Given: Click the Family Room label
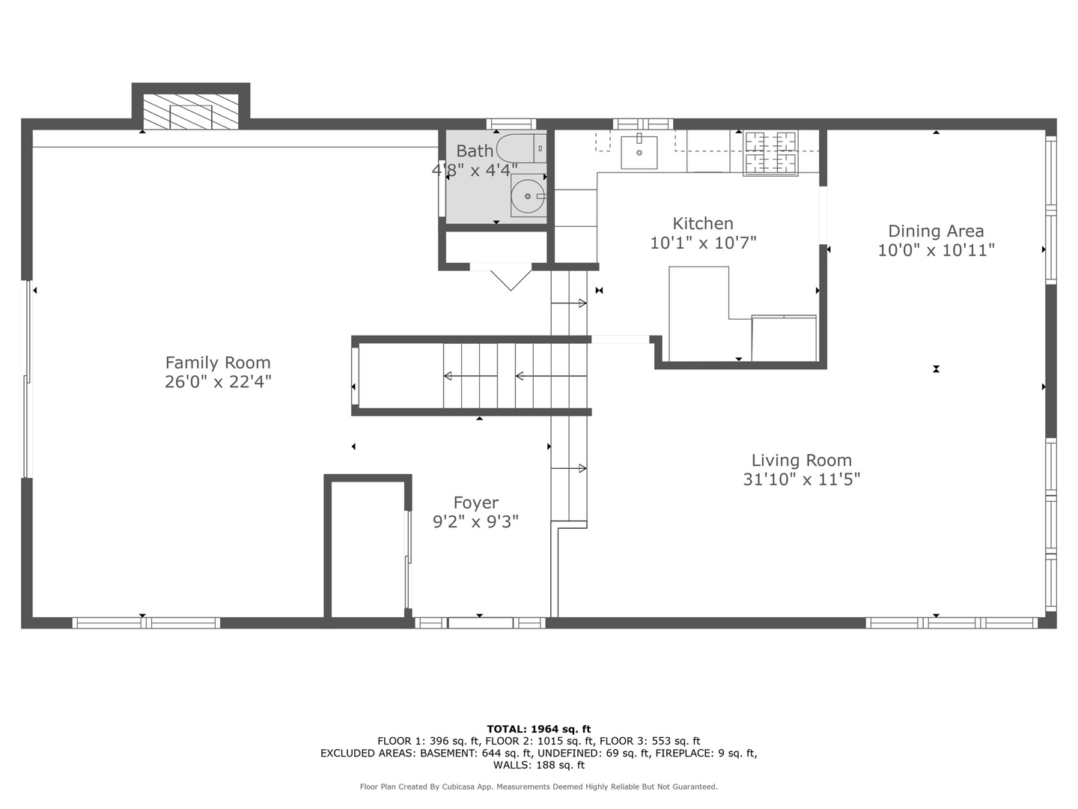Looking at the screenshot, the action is tap(218, 363).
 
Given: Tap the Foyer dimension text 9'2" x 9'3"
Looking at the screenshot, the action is tap(475, 521).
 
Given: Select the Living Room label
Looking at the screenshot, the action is tap(802, 460).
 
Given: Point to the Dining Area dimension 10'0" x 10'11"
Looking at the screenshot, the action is tap(936, 250).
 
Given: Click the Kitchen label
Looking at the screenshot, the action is tap(703, 224).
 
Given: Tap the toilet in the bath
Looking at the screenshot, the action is tap(521, 148).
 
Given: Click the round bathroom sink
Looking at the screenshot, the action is tap(528, 196).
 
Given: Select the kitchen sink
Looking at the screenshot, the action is tap(639, 153).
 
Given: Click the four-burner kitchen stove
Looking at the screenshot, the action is tap(770, 153).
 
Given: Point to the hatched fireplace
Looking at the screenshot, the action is tap(191, 112).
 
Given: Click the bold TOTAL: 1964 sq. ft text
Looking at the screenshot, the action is tap(539, 729).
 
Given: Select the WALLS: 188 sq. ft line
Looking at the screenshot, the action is tap(539, 765).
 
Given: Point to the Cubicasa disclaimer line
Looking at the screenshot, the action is tap(539, 787).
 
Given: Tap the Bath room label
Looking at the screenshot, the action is tap(475, 151).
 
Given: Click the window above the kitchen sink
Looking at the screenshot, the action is tap(643, 124).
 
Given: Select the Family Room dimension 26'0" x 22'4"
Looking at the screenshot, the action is tap(218, 382).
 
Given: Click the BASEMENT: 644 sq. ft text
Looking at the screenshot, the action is tap(476, 753).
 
